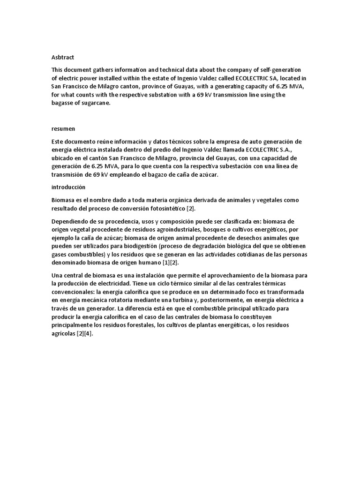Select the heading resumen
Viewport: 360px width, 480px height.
[62, 128]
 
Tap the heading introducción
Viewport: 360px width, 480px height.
[68, 187]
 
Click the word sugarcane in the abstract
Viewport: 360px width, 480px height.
[94, 103]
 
